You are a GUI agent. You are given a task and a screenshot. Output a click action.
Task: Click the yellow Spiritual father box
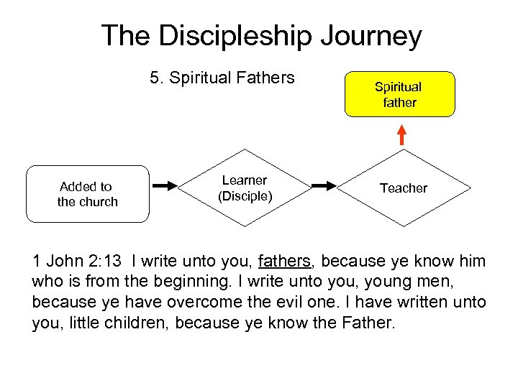pos(399,94)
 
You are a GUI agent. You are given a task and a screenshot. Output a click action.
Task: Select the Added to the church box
pos(87,194)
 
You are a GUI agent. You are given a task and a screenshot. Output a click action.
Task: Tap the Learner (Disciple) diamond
pos(245,188)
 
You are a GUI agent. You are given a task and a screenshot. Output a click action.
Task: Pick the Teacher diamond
pos(403,188)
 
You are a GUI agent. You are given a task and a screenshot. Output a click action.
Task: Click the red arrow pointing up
pos(402,134)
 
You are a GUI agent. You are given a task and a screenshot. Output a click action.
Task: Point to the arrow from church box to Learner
pos(167,187)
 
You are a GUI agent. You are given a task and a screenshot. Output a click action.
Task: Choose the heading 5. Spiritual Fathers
pos(222,78)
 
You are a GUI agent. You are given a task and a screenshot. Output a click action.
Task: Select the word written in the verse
pos(425,302)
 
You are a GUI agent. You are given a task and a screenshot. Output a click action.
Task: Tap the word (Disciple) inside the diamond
pos(245,195)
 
